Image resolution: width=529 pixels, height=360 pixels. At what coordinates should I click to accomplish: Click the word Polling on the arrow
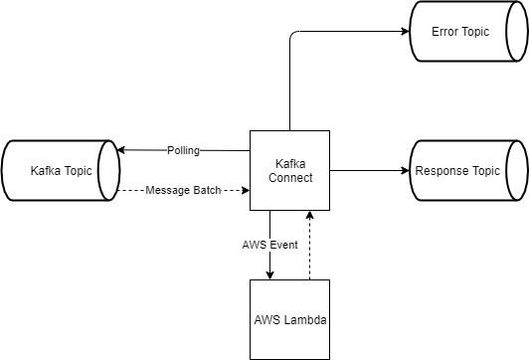tap(183, 151)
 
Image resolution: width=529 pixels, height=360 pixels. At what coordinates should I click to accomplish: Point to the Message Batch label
tap(183, 190)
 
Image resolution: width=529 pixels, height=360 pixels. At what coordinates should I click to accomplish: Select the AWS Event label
tap(268, 244)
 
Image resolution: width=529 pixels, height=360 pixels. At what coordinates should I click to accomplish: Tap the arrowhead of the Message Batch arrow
tap(244, 190)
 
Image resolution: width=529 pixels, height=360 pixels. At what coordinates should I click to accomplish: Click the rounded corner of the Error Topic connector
tap(291, 35)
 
